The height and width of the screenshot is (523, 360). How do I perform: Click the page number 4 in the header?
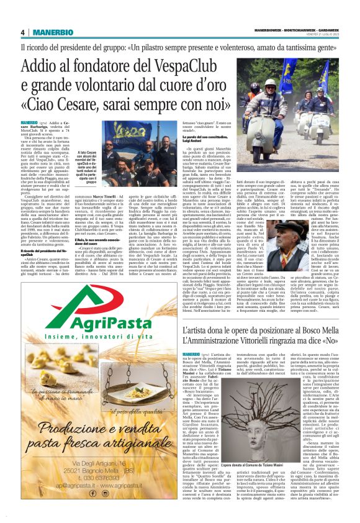[22, 32]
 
